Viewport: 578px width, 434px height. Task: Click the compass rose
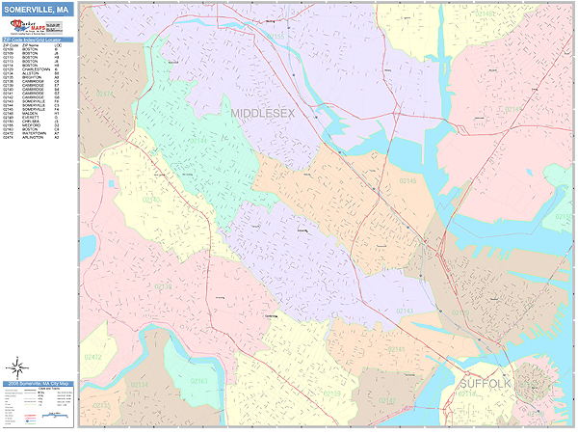click(17, 366)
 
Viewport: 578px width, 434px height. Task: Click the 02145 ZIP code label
click(408, 180)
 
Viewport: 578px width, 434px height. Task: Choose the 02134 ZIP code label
click(141, 384)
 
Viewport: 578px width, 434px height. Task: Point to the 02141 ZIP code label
click(461, 313)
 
